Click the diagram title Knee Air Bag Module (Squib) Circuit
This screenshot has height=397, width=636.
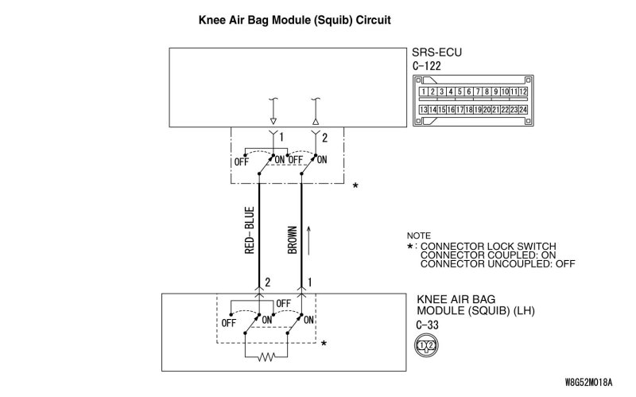(x=293, y=18)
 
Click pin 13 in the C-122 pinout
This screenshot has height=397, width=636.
(x=424, y=108)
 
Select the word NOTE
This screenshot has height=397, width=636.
(x=418, y=236)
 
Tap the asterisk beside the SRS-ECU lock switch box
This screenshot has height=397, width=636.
(x=355, y=186)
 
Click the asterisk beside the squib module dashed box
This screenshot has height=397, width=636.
(x=324, y=344)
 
